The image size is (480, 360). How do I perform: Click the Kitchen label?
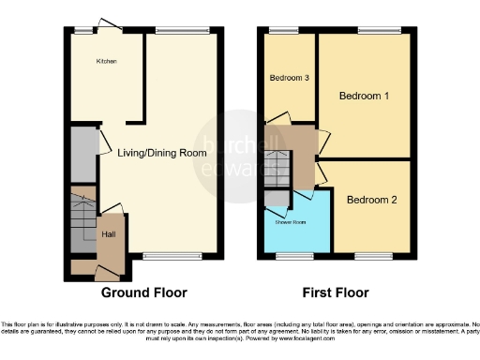(105, 62)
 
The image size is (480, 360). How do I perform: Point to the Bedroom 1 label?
(364, 97)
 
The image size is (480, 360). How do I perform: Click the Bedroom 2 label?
(372, 200)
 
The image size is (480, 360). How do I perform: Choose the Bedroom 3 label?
(289, 78)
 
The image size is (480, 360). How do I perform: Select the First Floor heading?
(337, 292)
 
